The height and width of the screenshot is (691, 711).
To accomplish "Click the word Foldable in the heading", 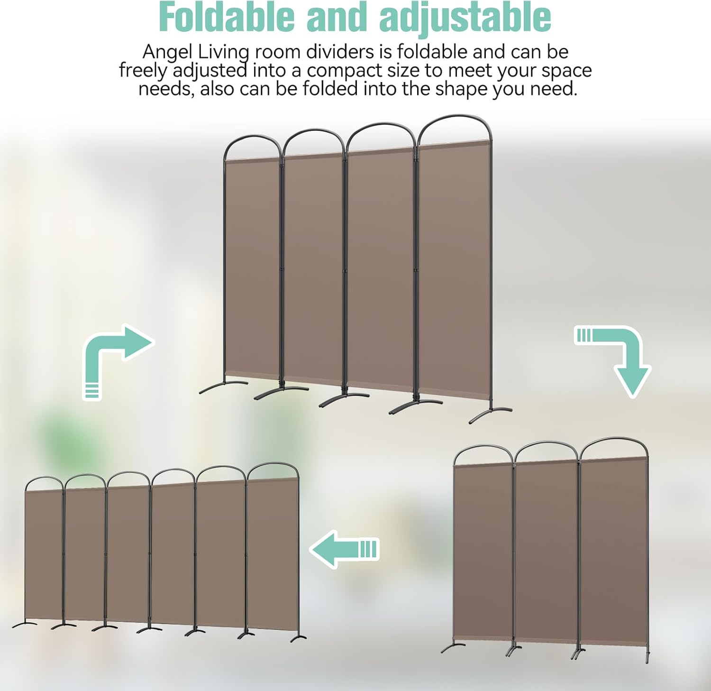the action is click(227, 17).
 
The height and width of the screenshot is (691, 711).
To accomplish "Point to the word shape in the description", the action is click(462, 89).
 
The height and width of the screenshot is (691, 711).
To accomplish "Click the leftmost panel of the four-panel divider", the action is click(252, 268).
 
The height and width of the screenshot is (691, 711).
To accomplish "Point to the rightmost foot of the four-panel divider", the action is click(491, 414).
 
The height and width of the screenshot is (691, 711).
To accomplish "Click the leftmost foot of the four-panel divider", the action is click(223, 387).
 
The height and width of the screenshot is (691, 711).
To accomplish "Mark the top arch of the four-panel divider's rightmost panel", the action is click(454, 126).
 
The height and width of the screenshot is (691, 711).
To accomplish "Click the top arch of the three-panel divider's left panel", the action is click(483, 451).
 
